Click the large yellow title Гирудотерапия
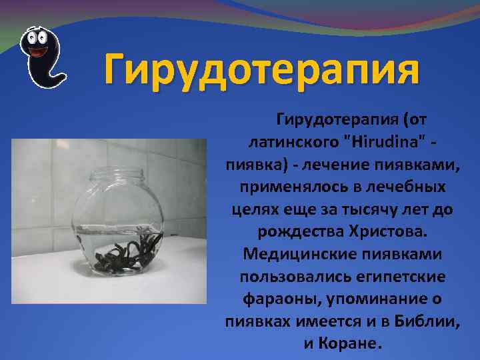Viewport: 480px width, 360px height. point(261,69)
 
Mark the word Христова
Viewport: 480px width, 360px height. point(386,232)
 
